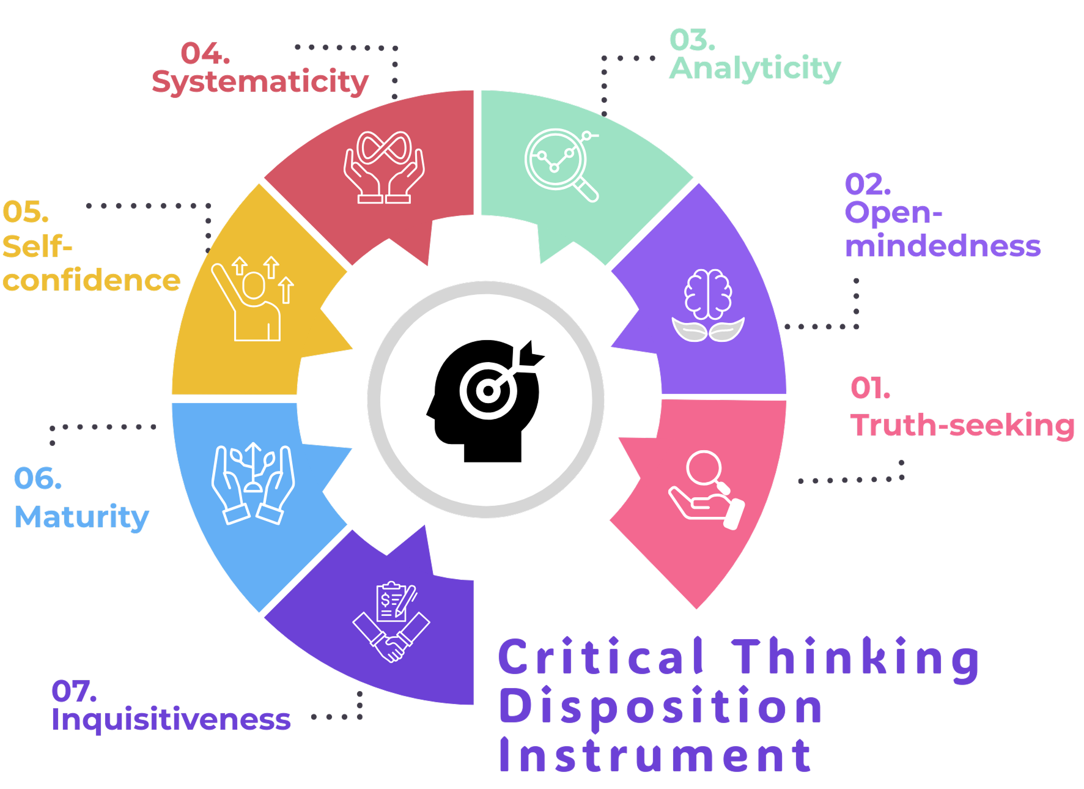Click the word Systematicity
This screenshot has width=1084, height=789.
pos(260,82)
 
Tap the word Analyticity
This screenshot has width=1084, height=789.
pos(755,69)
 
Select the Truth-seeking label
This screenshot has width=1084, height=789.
pos(962,425)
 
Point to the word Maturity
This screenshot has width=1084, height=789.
pos(82,517)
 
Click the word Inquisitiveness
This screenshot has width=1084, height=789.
pos(171,719)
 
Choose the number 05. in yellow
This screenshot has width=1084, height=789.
pos(26,212)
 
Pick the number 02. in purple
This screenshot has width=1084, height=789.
pos(868,184)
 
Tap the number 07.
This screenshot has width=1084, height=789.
pos(74,691)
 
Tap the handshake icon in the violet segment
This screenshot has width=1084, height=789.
pos(391,640)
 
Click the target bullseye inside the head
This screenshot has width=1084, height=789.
pos(487,391)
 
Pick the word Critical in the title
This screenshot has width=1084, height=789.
pos(600,657)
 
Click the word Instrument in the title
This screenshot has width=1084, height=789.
pos(655,756)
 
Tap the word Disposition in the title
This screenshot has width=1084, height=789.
pos(660,707)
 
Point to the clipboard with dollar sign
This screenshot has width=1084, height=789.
pos(394,601)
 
